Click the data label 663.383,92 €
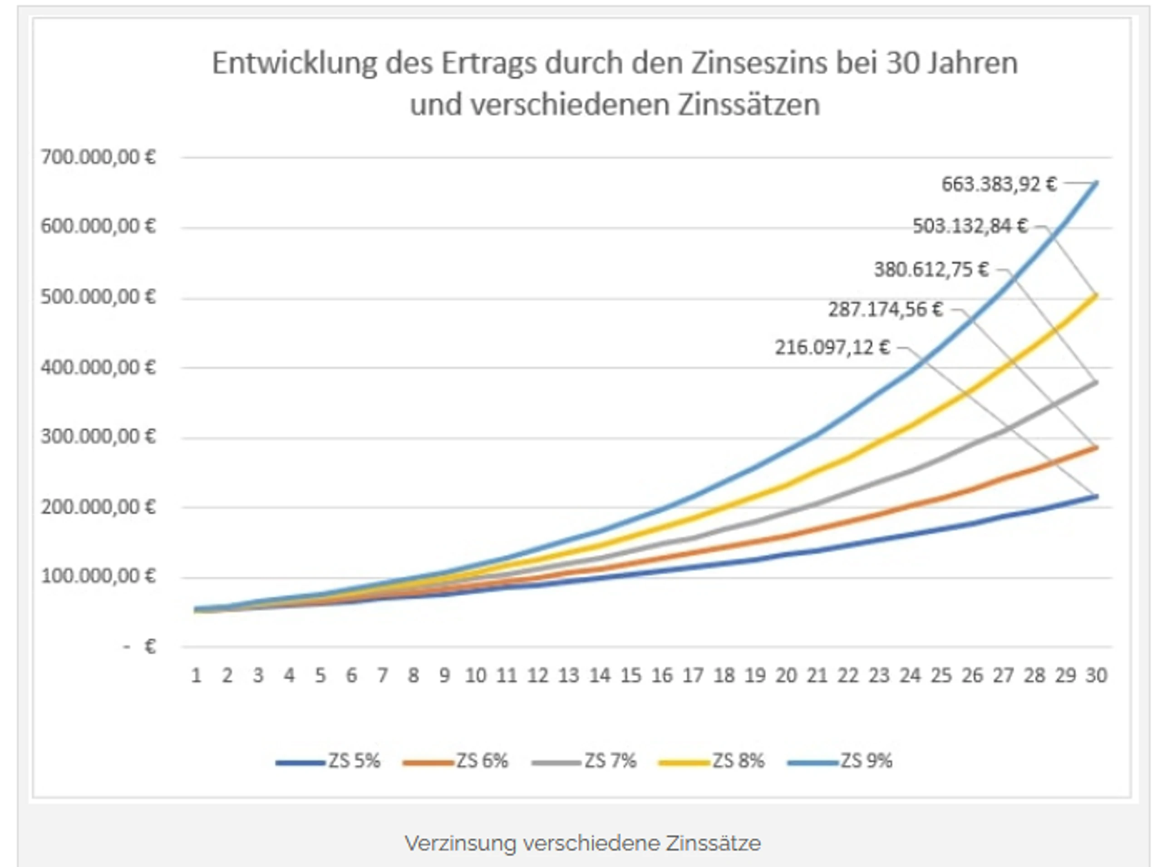pos(999,184)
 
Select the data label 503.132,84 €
pos(970,226)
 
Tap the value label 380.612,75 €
pos(931,270)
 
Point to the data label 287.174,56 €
pos(886,310)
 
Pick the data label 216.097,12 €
pos(832,347)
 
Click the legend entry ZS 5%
pos(328,761)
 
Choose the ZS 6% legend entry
pos(456,761)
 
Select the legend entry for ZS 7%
pos(584,761)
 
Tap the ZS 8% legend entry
pos(712,761)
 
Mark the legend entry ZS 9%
pos(840,761)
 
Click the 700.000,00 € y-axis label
pos(98,157)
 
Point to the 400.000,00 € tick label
pos(98,367)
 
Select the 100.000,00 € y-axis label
pos(98,576)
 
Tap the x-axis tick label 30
pos(1096,675)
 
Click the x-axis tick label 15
pos(631,675)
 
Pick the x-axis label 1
pos(196,675)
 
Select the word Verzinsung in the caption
pos(460,843)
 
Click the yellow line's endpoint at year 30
pos(1096,296)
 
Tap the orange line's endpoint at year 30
pos(1096,447)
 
